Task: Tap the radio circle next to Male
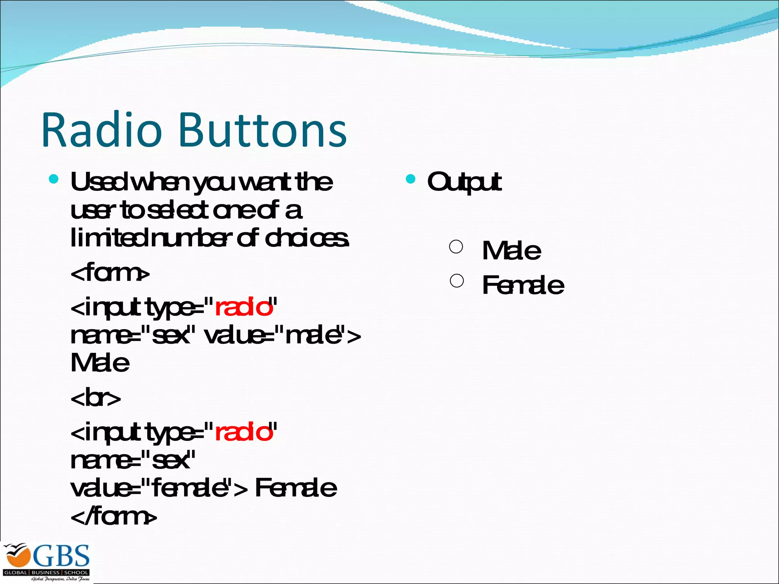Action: tap(456, 247)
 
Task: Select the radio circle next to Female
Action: tap(456, 281)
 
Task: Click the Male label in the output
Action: tap(511, 251)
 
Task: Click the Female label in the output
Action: tap(523, 285)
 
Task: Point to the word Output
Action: tap(464, 182)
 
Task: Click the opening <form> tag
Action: tap(110, 273)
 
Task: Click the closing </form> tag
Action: tap(113, 517)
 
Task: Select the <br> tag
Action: tap(95, 398)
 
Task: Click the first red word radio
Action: tap(244, 307)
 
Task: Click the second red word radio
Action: tap(244, 432)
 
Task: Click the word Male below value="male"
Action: tap(100, 363)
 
